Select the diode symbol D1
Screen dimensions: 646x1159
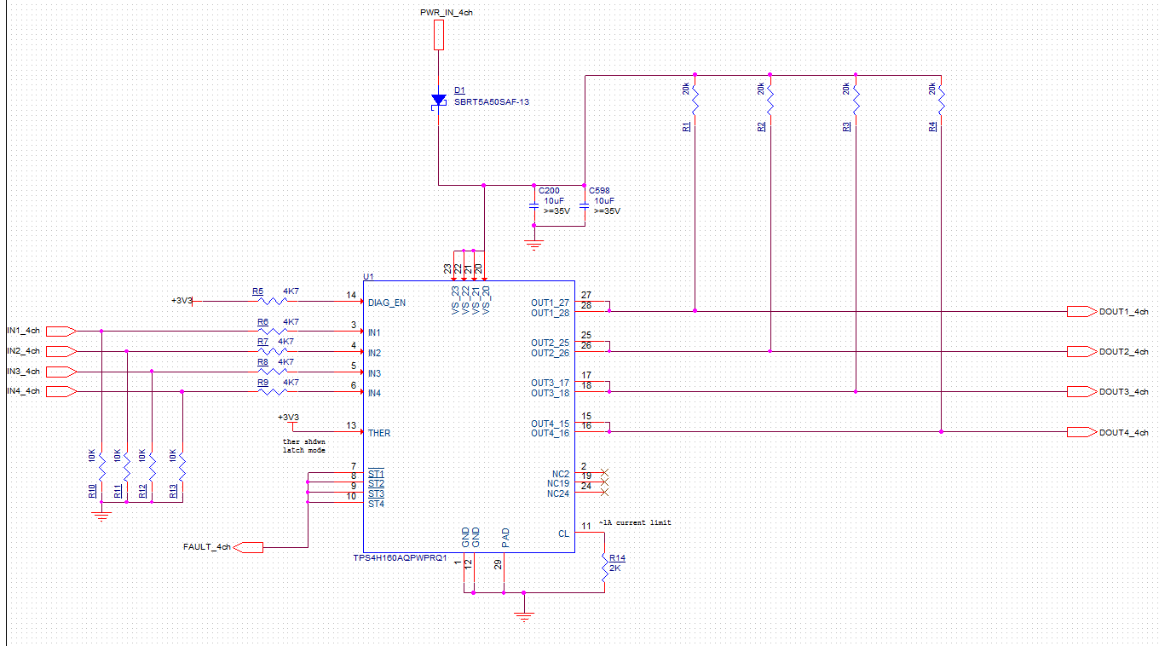click(438, 101)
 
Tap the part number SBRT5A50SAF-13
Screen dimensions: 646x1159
click(492, 101)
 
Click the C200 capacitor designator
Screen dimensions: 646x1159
click(550, 191)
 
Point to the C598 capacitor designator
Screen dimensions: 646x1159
click(599, 191)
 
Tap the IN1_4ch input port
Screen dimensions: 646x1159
click(61, 331)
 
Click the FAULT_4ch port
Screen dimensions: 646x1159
click(248, 547)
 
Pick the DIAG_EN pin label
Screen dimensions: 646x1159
click(387, 302)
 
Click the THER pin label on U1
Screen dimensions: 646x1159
click(379, 433)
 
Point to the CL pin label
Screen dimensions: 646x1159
click(563, 534)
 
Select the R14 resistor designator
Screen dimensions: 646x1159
click(617, 557)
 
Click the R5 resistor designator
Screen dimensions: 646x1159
click(257, 291)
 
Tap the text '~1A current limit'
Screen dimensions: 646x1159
click(634, 522)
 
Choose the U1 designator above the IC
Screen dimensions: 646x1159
click(368, 277)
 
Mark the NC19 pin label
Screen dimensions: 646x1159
click(558, 483)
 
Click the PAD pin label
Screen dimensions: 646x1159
click(505, 537)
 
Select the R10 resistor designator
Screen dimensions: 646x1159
click(91, 491)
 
